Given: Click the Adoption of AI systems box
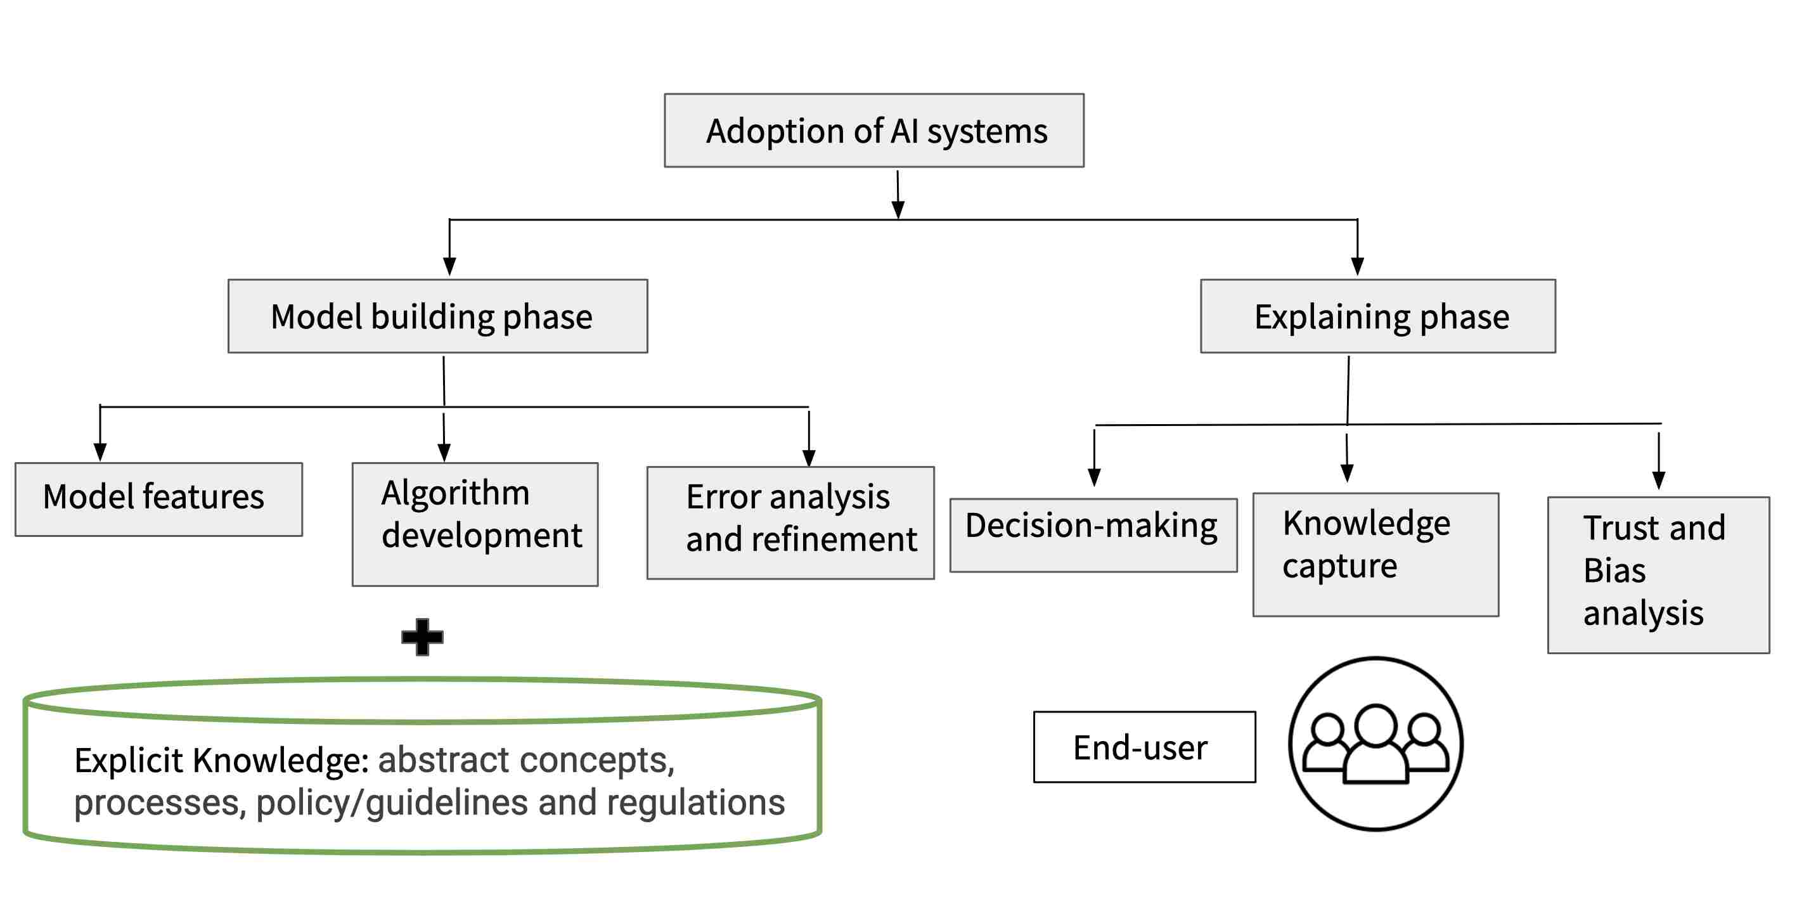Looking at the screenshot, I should (874, 130).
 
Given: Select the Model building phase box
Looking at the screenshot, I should (438, 316).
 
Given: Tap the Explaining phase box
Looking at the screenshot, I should (1377, 316).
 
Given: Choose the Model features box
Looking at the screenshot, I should (159, 500).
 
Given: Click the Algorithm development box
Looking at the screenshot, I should (475, 524).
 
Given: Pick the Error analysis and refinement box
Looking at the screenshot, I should (790, 522).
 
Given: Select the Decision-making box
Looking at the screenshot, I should (1093, 535).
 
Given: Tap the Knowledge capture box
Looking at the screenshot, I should (1376, 554).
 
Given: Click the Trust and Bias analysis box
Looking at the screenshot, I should (1658, 574).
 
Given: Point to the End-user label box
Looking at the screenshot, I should (1144, 746).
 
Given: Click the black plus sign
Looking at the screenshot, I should (422, 636).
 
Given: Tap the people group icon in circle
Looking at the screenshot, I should (1376, 744).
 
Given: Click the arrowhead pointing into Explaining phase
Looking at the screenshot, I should (1357, 266).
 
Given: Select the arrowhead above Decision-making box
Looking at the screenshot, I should (1094, 477).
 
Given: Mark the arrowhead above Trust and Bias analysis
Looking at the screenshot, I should (1658, 480).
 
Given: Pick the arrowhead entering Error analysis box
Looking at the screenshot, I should (809, 458).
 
